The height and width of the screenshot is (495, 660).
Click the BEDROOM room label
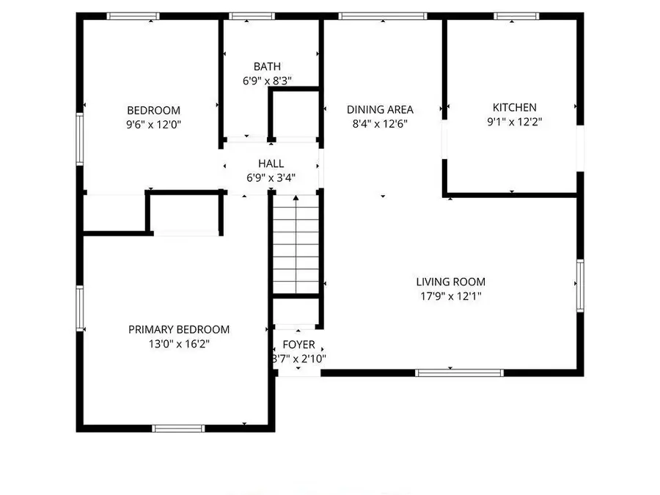(x=153, y=111)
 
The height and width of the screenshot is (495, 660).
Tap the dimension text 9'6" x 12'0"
(x=153, y=125)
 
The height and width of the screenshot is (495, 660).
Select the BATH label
(x=267, y=67)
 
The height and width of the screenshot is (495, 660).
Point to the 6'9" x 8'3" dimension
(x=267, y=81)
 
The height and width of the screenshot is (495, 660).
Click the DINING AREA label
(x=380, y=109)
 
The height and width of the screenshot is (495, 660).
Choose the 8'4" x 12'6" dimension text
(x=380, y=123)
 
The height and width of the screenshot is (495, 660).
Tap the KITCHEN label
(x=514, y=107)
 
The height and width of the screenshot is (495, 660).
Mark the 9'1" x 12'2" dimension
(x=514, y=122)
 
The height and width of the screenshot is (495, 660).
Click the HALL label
(x=271, y=164)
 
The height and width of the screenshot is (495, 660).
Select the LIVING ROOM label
(x=450, y=282)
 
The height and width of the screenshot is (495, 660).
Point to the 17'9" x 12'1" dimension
(x=450, y=296)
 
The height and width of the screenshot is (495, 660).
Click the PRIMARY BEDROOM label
(x=179, y=329)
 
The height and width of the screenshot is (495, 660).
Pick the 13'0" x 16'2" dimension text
(x=179, y=343)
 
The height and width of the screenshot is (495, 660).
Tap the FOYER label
(x=298, y=345)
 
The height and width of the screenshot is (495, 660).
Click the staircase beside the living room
(x=296, y=246)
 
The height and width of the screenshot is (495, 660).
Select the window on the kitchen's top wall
(x=517, y=15)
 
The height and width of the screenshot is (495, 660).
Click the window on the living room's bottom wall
(x=460, y=373)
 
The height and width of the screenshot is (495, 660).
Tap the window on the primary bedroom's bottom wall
(x=178, y=428)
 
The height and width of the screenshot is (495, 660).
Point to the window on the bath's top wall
(x=252, y=15)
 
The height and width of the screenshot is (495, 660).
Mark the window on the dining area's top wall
(x=383, y=15)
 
